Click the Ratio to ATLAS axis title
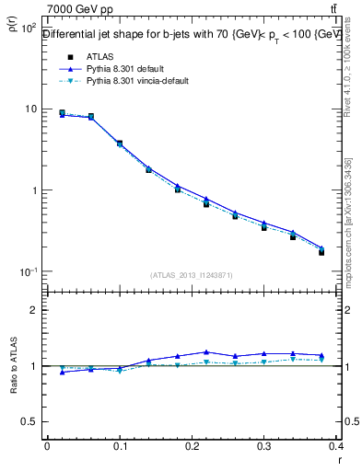(14, 367)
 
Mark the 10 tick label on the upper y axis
(30, 109)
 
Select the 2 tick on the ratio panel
(33, 310)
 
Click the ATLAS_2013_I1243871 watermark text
(192, 275)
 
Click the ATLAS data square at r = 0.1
(120, 144)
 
